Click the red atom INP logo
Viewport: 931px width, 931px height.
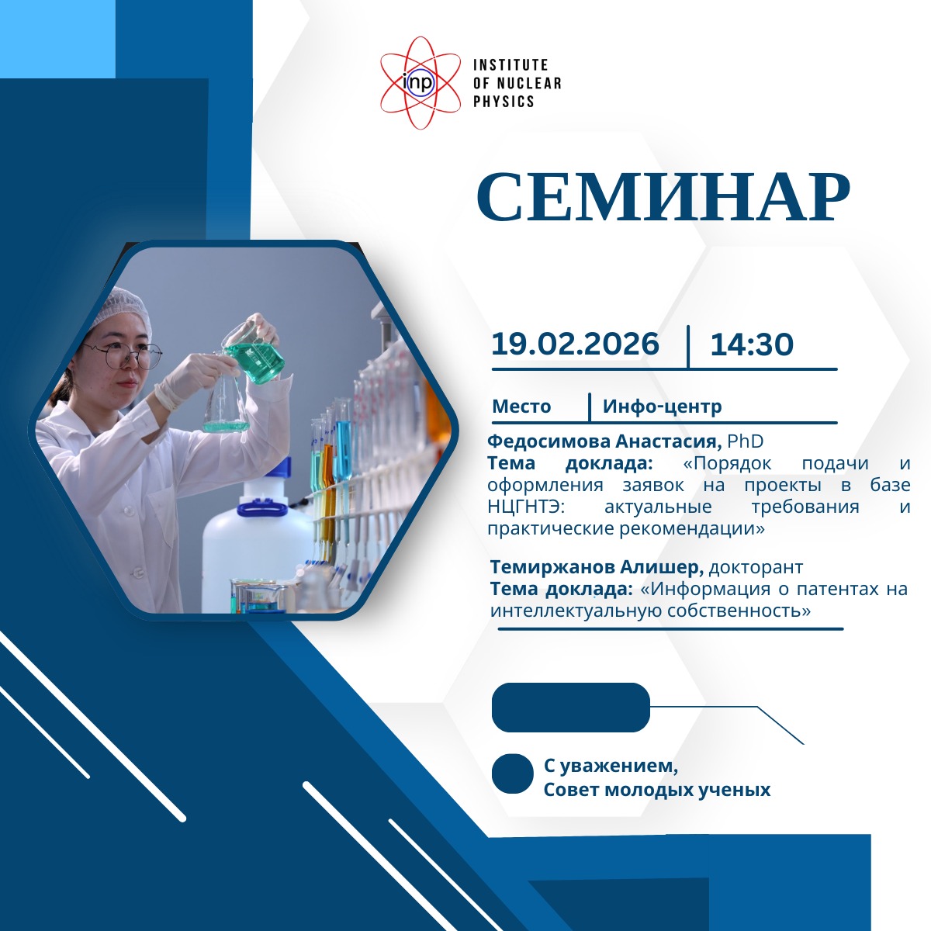420,83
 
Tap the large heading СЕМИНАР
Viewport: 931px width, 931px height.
663,196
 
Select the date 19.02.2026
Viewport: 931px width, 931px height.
575,344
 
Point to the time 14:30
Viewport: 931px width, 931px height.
752,344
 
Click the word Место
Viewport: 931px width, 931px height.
521,407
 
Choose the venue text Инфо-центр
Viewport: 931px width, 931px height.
662,407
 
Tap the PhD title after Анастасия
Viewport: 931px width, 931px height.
745,441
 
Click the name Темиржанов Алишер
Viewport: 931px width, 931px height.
597,566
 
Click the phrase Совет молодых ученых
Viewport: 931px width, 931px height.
656,790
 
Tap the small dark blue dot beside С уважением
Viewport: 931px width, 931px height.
513,774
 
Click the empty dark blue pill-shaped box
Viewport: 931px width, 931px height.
570,708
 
